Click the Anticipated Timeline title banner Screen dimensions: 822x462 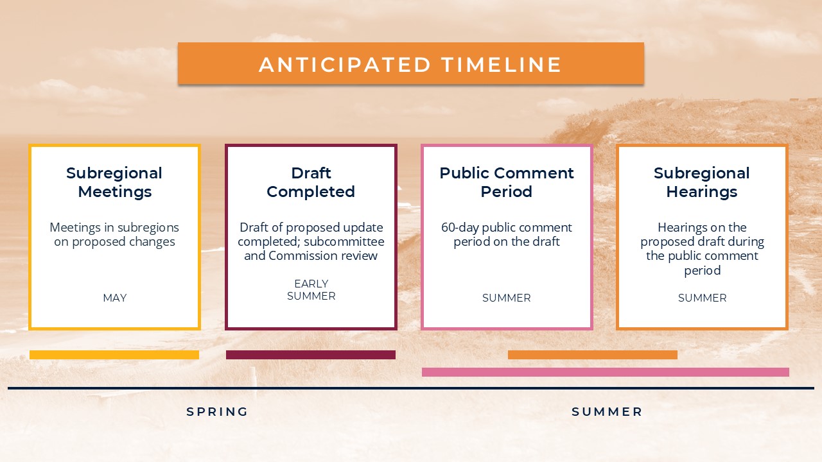410,64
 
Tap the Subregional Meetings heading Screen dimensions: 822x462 114,182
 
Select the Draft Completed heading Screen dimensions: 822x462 311,182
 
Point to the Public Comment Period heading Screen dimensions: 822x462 507,182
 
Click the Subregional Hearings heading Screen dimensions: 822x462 702,182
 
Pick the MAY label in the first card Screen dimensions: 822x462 115,298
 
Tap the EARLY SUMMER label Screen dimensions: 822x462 311,289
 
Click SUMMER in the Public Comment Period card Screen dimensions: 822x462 507,298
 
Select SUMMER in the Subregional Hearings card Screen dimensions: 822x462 702,298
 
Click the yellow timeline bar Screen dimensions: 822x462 114,355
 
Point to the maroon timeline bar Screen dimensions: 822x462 311,355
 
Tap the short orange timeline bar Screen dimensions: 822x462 593,355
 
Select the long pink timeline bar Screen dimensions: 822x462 606,372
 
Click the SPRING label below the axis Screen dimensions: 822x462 217,412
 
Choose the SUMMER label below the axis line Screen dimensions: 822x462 607,412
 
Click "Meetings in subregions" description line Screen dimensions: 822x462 114,228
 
